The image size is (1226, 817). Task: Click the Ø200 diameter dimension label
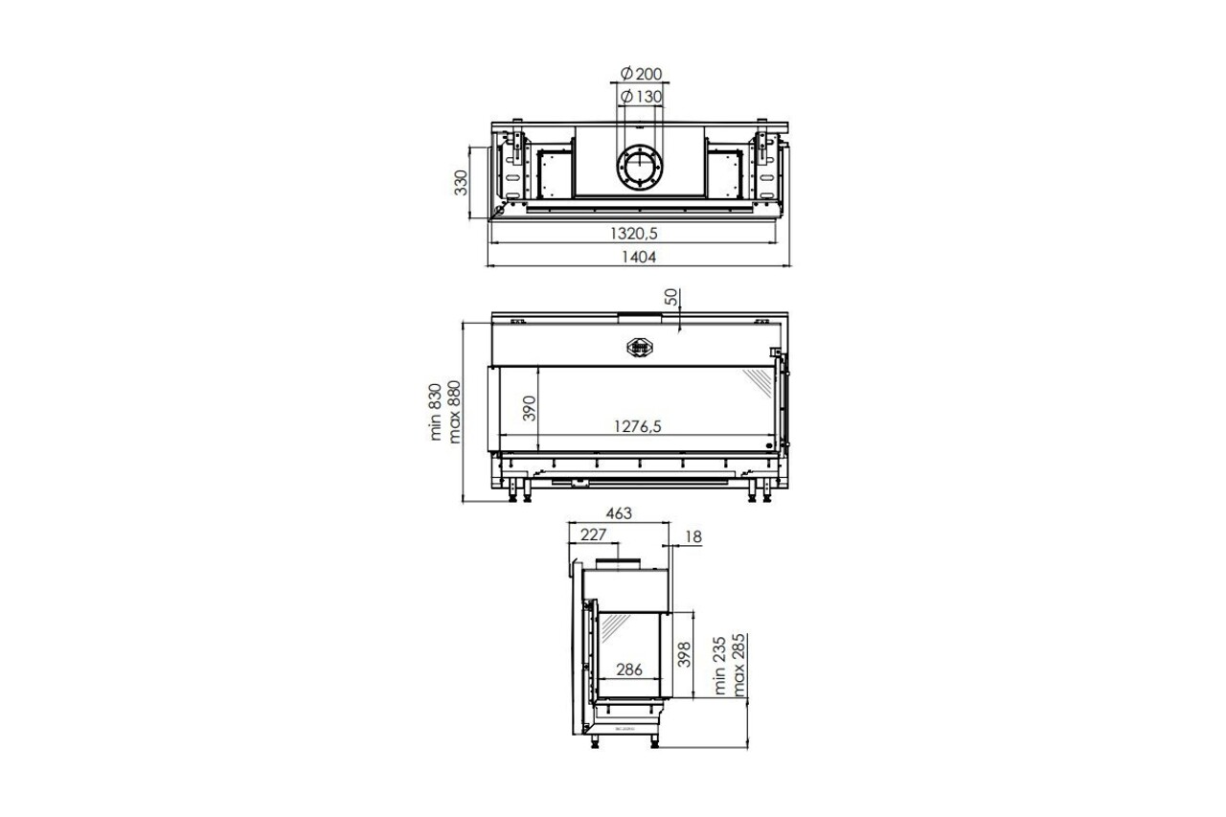tap(641, 75)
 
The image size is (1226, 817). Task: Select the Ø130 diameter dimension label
tap(641, 97)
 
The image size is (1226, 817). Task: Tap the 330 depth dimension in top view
tap(461, 181)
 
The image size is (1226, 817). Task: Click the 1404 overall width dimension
tap(639, 256)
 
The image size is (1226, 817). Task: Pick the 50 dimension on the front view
tap(672, 298)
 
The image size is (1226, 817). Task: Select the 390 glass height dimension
tap(526, 409)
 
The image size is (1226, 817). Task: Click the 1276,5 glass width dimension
tap(632, 427)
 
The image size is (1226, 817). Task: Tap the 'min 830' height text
tap(436, 413)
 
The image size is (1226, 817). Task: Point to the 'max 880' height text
tap(455, 412)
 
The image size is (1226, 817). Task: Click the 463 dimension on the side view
tap(618, 513)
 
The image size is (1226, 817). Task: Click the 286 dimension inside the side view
tap(629, 669)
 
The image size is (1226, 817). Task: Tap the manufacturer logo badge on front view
tap(639, 347)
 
